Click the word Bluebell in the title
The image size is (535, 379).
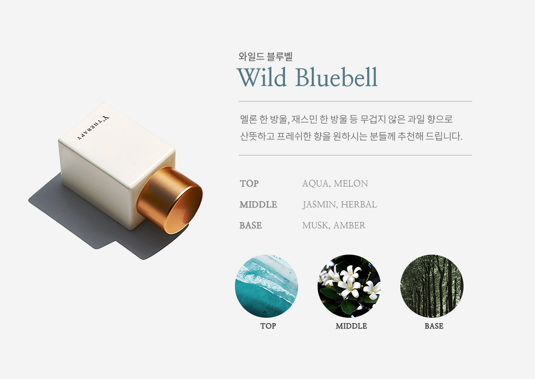click(x=337, y=77)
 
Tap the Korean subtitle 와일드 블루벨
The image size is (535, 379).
click(x=266, y=56)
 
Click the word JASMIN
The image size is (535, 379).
click(x=320, y=205)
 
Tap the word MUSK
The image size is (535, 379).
click(x=316, y=225)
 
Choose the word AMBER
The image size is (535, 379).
click(x=349, y=225)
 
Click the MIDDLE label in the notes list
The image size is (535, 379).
click(x=258, y=205)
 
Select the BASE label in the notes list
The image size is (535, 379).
click(x=250, y=225)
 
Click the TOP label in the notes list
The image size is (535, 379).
click(x=249, y=183)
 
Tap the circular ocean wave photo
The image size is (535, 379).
click(x=267, y=286)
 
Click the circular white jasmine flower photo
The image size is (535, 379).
click(x=349, y=286)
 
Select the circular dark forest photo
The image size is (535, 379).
click(x=431, y=286)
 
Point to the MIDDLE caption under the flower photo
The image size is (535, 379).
click(x=351, y=326)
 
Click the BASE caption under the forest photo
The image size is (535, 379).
click(x=434, y=326)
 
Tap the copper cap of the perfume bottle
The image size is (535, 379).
click(x=170, y=200)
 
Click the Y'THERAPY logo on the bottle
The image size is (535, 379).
click(x=93, y=128)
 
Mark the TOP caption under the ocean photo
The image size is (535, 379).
click(x=268, y=326)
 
